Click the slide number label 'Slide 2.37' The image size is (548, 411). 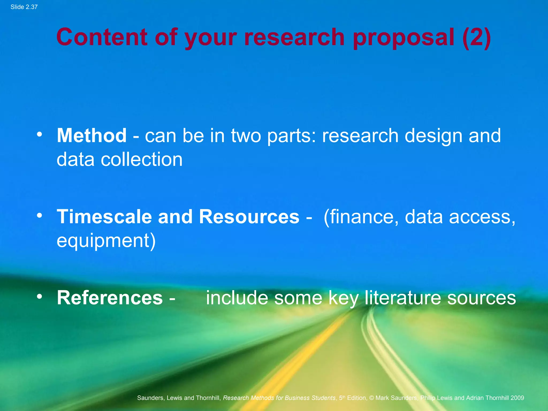point(24,7)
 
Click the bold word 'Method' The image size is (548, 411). point(92,135)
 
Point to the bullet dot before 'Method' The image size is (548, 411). point(40,134)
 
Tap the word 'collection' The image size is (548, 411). point(142,159)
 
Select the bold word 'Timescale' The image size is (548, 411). point(104,216)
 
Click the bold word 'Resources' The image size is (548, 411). point(249,216)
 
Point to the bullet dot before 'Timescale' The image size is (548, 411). point(40,215)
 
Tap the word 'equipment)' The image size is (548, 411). point(106,241)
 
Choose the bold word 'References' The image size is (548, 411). point(110,298)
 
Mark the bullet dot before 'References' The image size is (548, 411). point(40,296)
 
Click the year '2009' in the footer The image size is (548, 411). point(517,398)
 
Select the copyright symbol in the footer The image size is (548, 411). point(371,398)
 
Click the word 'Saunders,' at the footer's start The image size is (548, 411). point(151,398)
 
